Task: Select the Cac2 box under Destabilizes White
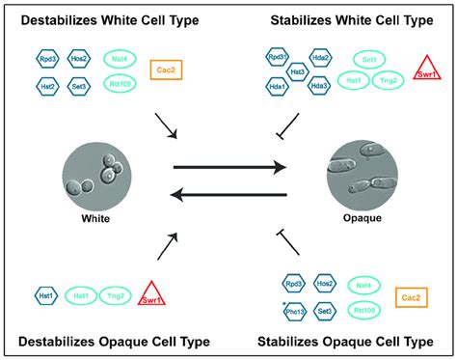(x=165, y=70)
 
